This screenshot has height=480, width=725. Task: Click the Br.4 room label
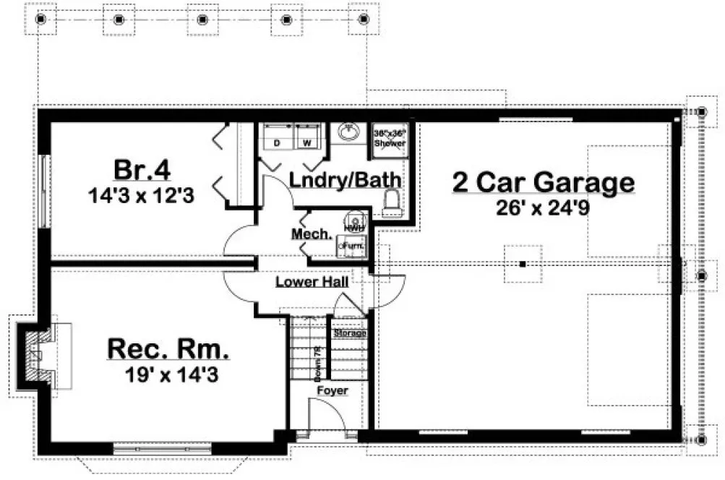point(142,171)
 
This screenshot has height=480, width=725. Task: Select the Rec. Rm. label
point(168,350)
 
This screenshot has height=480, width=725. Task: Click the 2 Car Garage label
point(544,182)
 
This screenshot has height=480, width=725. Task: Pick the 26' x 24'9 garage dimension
point(544,207)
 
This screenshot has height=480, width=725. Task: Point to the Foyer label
point(333,391)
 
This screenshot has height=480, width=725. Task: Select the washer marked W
point(306,137)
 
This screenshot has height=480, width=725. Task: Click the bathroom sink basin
point(349,133)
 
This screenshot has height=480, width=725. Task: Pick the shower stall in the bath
point(389,139)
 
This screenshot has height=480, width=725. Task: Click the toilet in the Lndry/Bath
point(391,201)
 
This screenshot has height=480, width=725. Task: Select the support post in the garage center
point(522,264)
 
